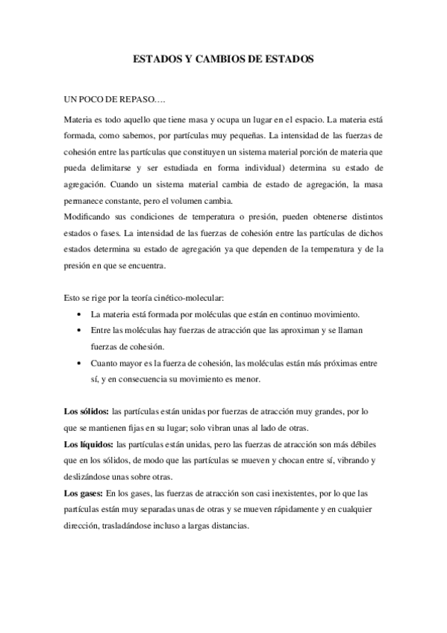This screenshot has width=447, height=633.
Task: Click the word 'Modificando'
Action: click(x=89, y=216)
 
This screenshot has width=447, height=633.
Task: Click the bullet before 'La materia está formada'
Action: click(x=80, y=315)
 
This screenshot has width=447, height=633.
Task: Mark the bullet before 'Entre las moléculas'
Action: click(x=80, y=331)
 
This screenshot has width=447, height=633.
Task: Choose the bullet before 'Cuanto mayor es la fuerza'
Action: click(x=80, y=364)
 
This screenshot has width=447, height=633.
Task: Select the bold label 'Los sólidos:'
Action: click(x=86, y=412)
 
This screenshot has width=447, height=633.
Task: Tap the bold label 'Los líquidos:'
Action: click(x=88, y=445)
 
